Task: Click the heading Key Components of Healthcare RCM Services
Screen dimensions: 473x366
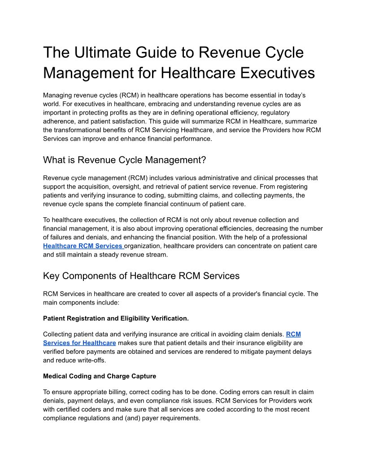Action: [141, 276]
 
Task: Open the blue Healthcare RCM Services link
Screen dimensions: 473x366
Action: [83, 246]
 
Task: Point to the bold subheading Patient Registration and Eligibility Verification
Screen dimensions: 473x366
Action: [116, 318]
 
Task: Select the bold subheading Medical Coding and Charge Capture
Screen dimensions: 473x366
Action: [100, 376]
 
